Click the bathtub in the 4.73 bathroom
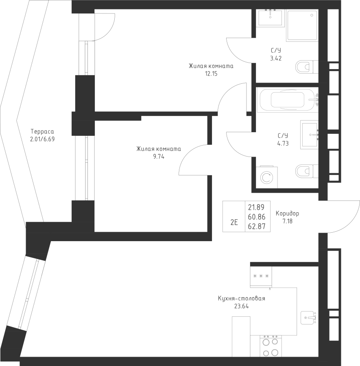click(x=288, y=100)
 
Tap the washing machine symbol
click(x=267, y=177)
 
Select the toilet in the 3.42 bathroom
click(x=307, y=67)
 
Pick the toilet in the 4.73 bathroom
click(x=307, y=171)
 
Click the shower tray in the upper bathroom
click(x=303, y=25)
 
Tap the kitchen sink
click(x=308, y=318)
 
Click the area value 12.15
click(x=211, y=74)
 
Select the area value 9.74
click(x=159, y=157)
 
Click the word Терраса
click(x=42, y=132)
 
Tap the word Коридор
click(x=288, y=213)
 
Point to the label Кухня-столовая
click(x=241, y=298)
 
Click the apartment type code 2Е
click(x=234, y=222)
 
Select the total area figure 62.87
click(x=257, y=227)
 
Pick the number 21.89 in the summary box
click(x=256, y=207)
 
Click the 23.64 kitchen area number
click(x=241, y=306)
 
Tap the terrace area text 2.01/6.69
click(x=42, y=139)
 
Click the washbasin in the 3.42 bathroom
click(x=271, y=18)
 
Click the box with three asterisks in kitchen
click(x=261, y=277)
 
